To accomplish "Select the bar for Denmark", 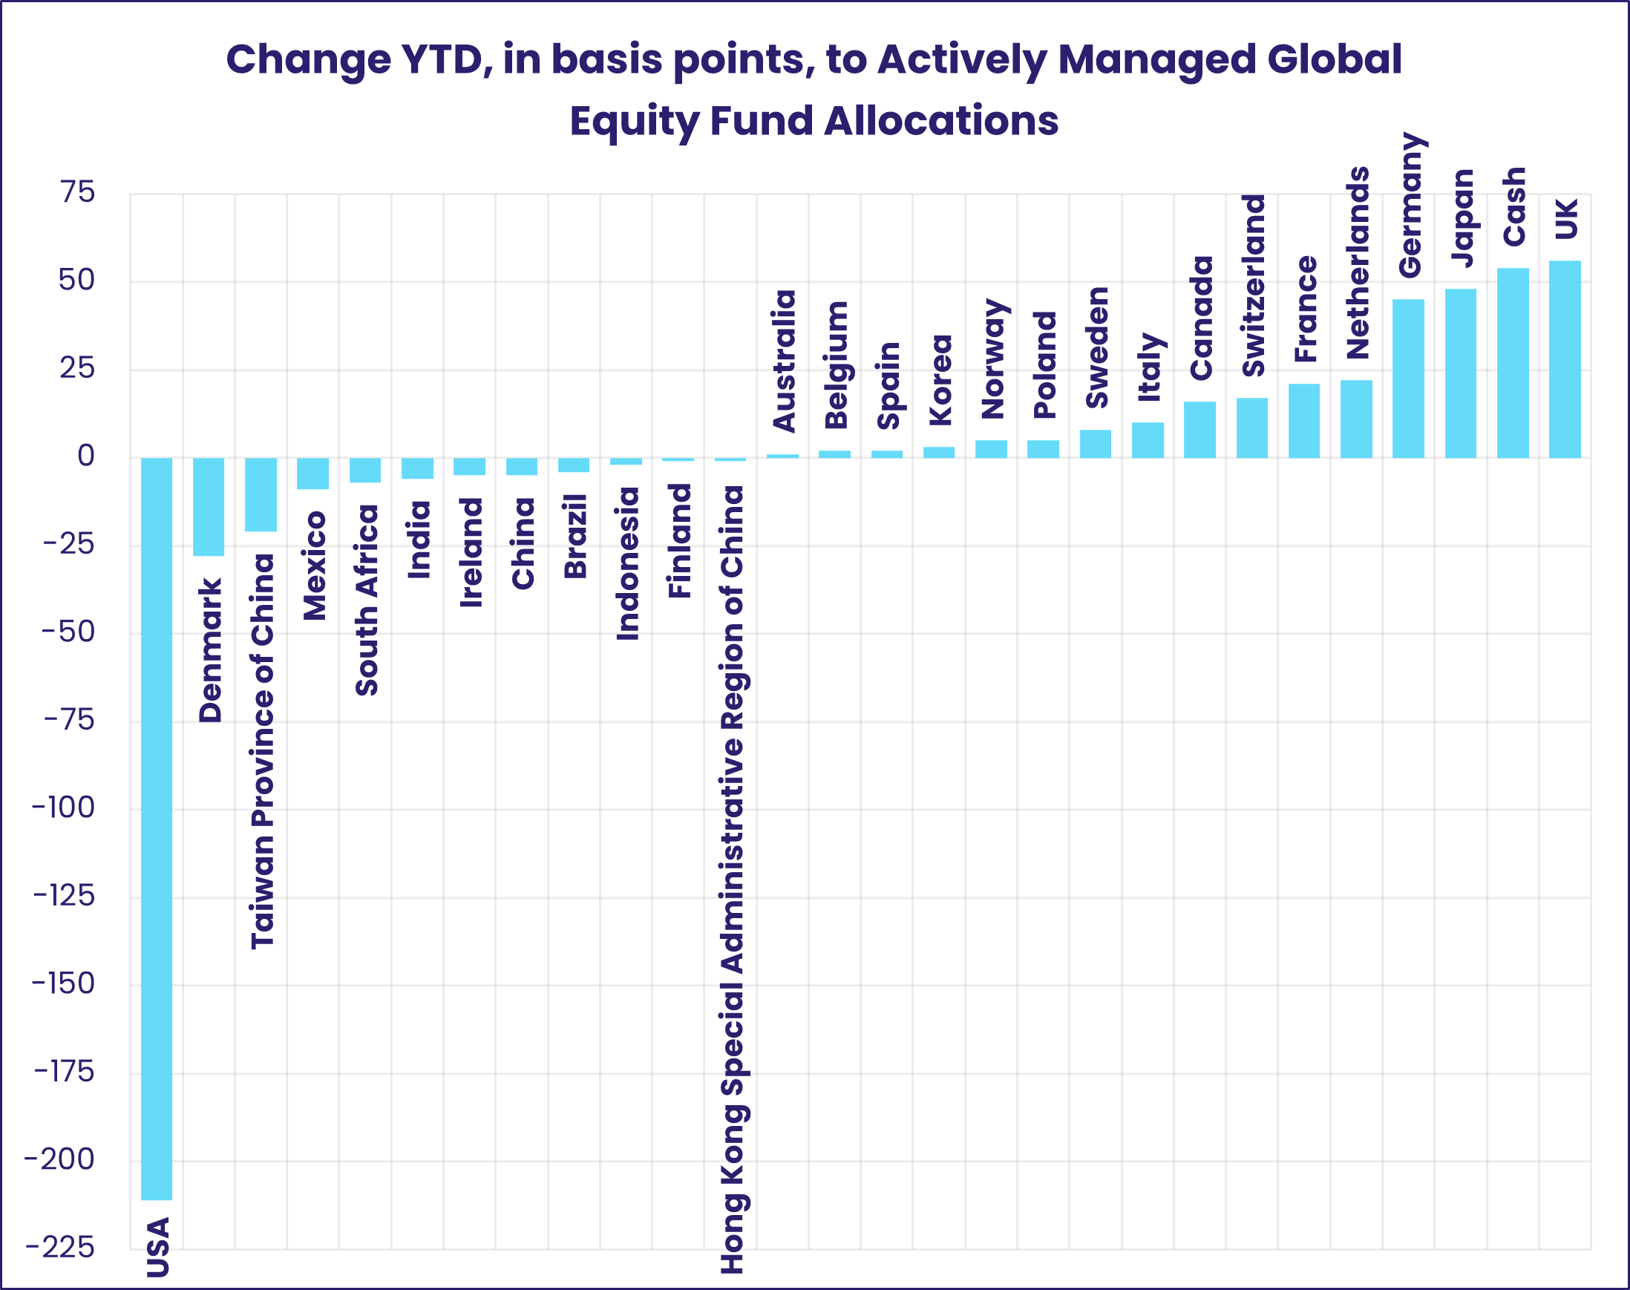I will (209, 507).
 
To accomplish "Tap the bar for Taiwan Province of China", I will (261, 495).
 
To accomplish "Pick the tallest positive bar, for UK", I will (1565, 359).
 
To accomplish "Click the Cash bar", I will (1513, 363).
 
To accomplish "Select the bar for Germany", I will (1409, 379).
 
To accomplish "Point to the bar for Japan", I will (1461, 373).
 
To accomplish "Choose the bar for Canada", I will (1199, 430).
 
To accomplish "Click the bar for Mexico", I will (313, 474).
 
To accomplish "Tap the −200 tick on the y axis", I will (59, 1159).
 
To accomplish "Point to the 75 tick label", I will (78, 192).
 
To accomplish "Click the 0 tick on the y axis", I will (86, 456).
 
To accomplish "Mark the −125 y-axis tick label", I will (64, 896).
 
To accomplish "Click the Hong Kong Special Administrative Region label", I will (732, 880).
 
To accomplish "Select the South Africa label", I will (367, 600).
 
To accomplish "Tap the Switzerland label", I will (1254, 286).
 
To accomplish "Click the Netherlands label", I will (1358, 263).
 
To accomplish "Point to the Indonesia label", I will (628, 563).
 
